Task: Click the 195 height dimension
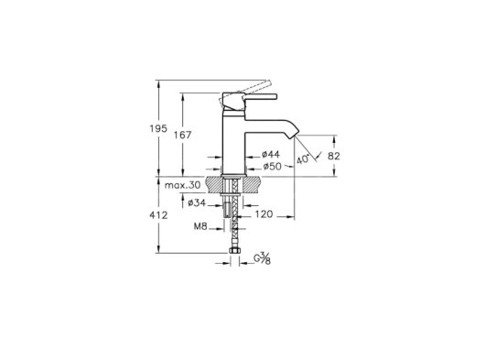(x=158, y=128)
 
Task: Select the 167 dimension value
(x=183, y=135)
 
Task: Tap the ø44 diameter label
(x=271, y=154)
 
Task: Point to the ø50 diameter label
(x=273, y=167)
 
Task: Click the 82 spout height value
(x=334, y=156)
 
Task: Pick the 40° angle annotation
(x=303, y=158)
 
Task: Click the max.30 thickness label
(x=182, y=185)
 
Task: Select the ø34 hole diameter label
(x=197, y=203)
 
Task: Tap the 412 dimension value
(x=158, y=215)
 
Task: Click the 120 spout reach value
(x=264, y=214)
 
